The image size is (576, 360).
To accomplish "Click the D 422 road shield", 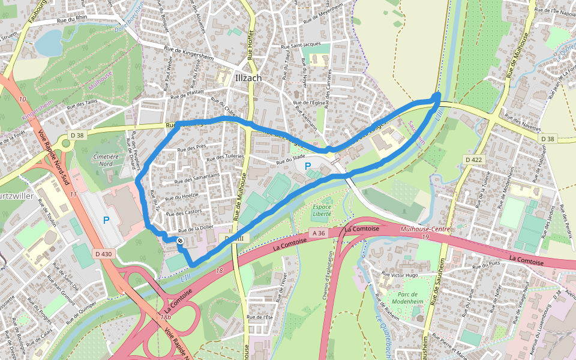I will point(474,159).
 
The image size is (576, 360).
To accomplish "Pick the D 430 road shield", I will point(103,254).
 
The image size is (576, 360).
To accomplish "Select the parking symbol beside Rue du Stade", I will point(308,166).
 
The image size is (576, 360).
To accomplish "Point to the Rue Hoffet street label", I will point(251,46).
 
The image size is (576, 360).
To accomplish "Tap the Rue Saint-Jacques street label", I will point(302,44).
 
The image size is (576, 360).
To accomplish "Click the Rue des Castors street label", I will point(184,213).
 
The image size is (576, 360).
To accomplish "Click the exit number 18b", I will point(166,317).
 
